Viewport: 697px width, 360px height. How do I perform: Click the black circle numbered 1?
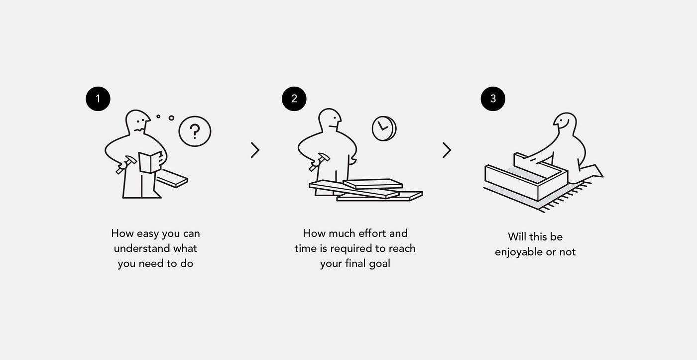[x=98, y=99]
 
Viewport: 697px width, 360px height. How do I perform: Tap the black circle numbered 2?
[x=294, y=99]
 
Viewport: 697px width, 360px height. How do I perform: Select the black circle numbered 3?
[x=493, y=99]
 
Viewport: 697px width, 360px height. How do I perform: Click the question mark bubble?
[x=195, y=131]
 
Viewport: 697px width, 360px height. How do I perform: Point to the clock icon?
[x=384, y=128]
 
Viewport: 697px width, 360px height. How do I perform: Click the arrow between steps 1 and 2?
[x=255, y=150]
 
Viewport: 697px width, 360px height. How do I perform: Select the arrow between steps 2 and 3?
[x=447, y=150]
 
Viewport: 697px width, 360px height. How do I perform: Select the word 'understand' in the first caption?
[x=142, y=248]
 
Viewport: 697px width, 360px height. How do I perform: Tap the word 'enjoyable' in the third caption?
[x=519, y=252]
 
